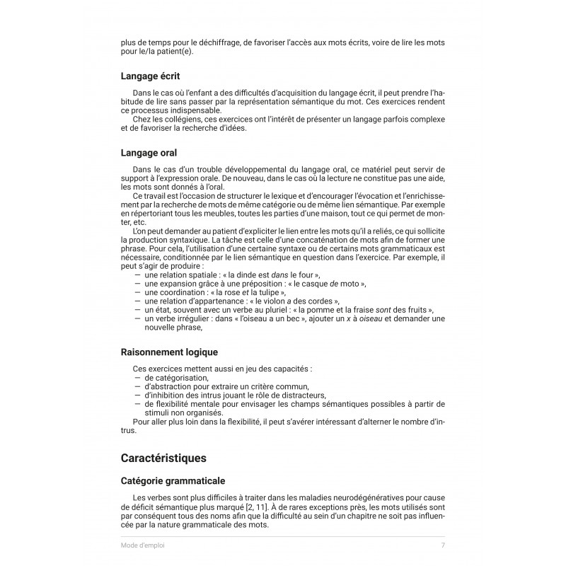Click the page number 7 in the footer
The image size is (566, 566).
click(443, 545)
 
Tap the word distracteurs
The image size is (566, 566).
click(300, 395)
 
